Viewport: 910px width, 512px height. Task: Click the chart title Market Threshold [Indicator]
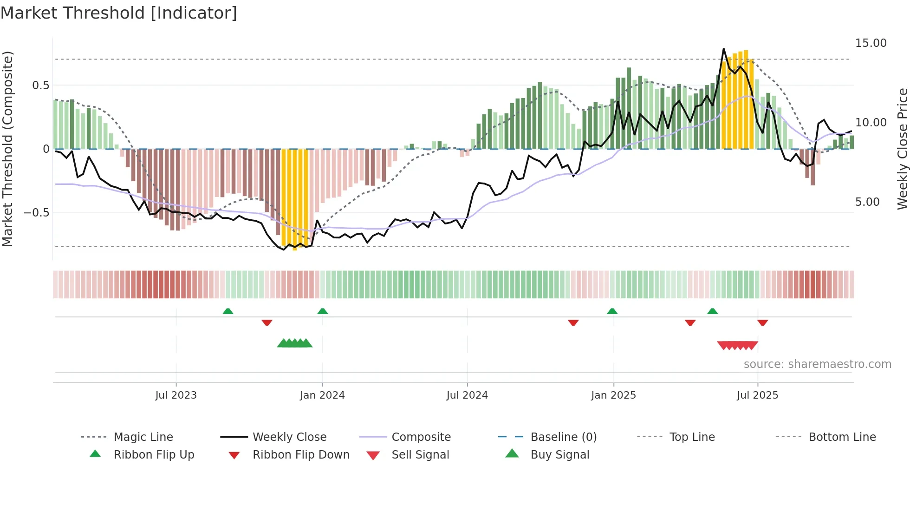click(x=119, y=13)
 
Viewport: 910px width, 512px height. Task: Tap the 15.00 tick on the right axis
click(x=871, y=43)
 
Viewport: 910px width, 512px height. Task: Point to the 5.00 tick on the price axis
click(x=867, y=202)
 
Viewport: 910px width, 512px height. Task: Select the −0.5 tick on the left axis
click(x=36, y=213)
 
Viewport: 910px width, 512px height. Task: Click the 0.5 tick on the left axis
click(x=40, y=85)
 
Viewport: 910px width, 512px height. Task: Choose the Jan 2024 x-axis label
click(x=322, y=395)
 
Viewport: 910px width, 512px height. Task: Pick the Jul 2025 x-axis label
click(x=757, y=395)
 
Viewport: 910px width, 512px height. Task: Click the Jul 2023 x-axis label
click(x=176, y=395)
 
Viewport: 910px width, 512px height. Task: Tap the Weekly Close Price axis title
click(x=902, y=149)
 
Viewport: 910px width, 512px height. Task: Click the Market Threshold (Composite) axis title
click(x=8, y=149)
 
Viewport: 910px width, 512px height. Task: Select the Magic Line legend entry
click(x=143, y=437)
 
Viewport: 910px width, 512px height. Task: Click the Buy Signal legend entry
click(x=559, y=455)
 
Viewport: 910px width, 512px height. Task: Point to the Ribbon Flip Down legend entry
click(x=300, y=455)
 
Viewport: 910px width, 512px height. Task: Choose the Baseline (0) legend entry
click(x=563, y=437)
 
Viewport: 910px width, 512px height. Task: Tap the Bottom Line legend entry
click(x=842, y=437)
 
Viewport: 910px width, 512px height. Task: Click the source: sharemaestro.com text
click(x=817, y=364)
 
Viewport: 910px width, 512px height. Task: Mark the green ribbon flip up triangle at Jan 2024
click(x=323, y=311)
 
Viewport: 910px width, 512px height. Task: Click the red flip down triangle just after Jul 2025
click(x=762, y=322)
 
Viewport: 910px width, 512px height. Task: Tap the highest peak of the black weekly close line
click(x=723, y=49)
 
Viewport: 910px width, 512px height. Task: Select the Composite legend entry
click(x=421, y=437)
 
